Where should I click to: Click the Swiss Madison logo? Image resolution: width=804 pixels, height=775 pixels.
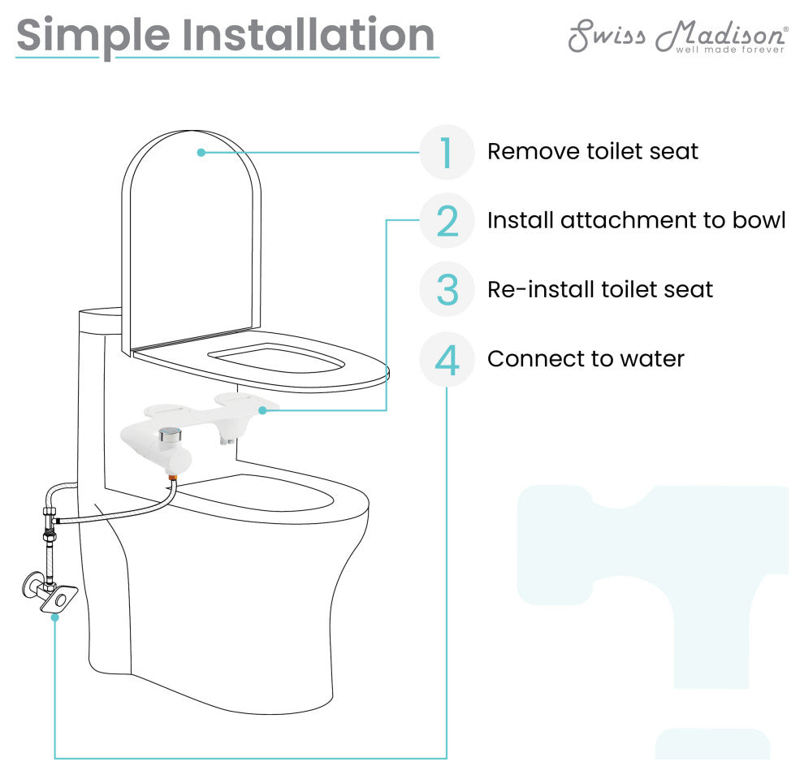[678, 36]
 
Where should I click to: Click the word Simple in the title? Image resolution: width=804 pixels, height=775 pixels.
[93, 36]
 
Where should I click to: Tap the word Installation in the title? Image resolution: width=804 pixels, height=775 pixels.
[309, 34]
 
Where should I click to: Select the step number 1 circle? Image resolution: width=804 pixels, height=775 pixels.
[447, 153]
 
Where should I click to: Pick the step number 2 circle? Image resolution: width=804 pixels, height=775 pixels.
[447, 220]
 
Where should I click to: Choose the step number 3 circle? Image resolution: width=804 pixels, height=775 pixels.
[447, 289]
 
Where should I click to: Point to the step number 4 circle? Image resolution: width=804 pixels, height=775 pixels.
[447, 359]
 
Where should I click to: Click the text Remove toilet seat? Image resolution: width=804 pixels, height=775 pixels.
[593, 151]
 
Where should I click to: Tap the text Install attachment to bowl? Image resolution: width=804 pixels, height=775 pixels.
[637, 220]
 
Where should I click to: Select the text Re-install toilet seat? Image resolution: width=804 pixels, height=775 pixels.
[600, 289]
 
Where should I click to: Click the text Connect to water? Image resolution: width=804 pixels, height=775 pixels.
[586, 358]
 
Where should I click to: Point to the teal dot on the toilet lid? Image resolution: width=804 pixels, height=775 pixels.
[201, 153]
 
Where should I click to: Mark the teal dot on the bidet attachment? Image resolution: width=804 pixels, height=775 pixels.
[262, 410]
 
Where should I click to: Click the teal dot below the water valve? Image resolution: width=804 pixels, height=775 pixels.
[55, 617]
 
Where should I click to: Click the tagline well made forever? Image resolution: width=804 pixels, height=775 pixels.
[730, 50]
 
